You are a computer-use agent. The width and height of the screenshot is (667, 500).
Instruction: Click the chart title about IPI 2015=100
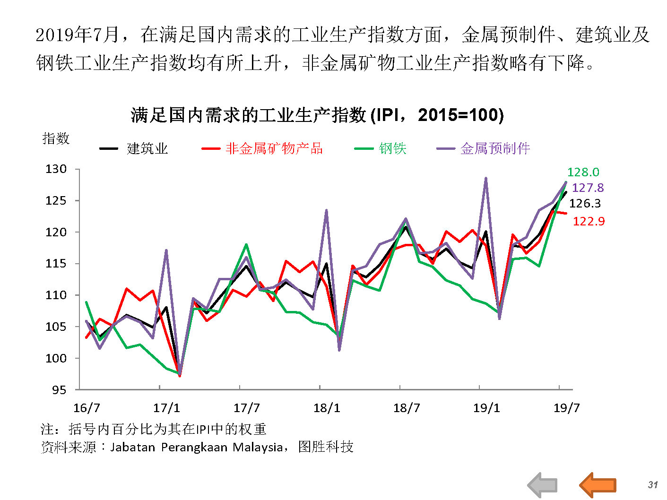coord(317,115)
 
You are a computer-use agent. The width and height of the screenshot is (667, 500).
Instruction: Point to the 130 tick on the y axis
coord(56,169)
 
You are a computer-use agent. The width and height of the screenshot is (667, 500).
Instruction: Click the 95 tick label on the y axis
coord(59,390)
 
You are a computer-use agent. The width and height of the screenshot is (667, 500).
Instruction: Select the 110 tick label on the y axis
coord(56,295)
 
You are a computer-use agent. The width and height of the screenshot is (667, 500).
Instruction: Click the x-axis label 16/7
coord(87,408)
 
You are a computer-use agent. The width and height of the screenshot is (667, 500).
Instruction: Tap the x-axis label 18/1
coord(327,408)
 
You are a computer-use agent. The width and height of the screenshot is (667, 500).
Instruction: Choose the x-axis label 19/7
coord(566,408)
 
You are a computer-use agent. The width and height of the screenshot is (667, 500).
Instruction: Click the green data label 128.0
coord(583,172)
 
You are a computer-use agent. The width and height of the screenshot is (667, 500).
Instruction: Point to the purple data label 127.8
coord(588,188)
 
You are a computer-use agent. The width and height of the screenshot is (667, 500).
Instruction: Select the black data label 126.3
coord(585,203)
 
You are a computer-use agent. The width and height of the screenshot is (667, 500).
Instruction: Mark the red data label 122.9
coord(589,221)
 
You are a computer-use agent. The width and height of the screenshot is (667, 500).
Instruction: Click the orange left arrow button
coord(598,484)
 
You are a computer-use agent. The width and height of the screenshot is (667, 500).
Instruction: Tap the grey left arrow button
coord(543,485)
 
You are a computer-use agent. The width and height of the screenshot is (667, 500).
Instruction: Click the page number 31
coord(653,484)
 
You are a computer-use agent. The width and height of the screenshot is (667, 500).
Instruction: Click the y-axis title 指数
coord(56,138)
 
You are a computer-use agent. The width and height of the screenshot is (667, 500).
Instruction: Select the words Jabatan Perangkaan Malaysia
coord(196,447)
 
